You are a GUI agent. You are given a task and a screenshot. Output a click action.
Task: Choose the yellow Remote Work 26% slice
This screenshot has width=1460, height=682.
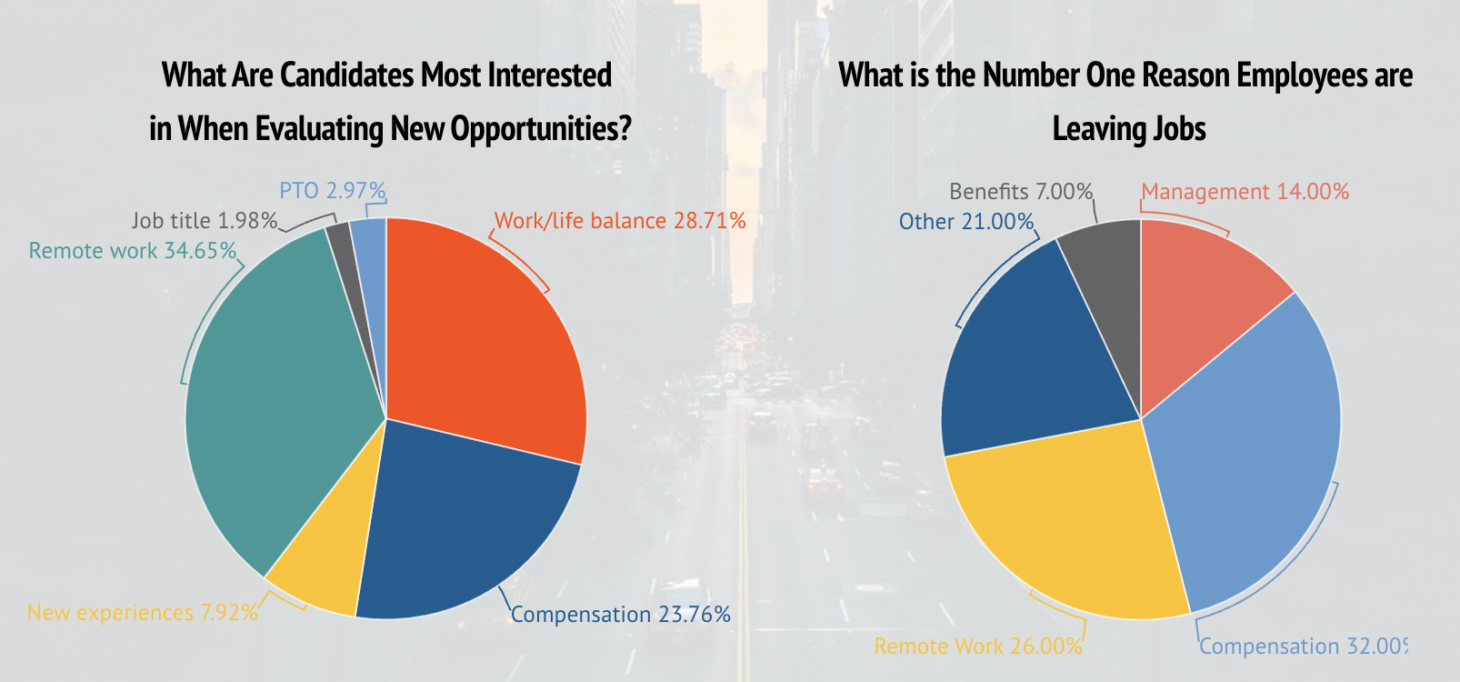pos(1064,527)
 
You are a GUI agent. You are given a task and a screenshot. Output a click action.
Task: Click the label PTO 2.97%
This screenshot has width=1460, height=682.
pos(332,191)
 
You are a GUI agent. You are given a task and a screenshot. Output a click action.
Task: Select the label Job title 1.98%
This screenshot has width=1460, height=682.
pos(204,221)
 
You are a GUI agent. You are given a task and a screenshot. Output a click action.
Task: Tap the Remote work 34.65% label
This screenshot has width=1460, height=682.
pos(132,251)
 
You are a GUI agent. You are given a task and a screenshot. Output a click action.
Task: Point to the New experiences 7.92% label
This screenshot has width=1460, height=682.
pos(142,613)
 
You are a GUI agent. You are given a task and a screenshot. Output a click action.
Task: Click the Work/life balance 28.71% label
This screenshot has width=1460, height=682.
pos(619,221)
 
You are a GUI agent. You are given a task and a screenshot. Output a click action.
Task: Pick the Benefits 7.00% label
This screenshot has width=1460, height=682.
pos(1020,192)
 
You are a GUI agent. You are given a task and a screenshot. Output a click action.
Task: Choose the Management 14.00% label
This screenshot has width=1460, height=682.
pos(1245,192)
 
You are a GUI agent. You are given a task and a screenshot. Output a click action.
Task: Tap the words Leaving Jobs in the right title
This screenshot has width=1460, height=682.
pos(1128,129)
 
